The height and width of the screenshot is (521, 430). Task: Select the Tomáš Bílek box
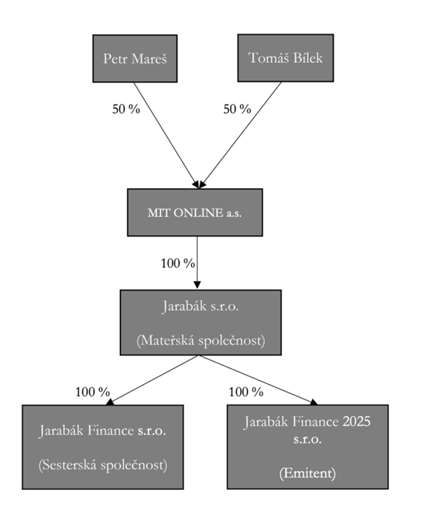[285, 57]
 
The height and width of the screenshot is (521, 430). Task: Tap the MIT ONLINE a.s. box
[195, 213]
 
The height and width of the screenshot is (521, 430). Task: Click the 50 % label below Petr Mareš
[126, 109]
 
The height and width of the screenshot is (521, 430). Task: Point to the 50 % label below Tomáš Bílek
[237, 109]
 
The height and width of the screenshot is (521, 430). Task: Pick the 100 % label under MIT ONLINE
[178, 263]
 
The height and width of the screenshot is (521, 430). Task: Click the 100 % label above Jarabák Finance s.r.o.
[93, 392]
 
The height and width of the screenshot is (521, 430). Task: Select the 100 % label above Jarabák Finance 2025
[246, 392]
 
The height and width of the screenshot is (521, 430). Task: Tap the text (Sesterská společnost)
[103, 465]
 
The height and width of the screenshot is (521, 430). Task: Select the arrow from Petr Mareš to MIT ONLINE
[165, 133]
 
